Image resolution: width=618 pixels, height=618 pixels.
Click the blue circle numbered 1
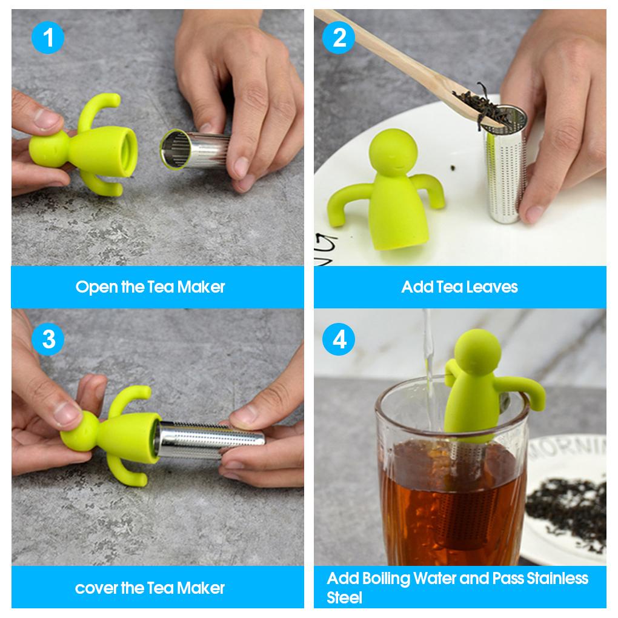[x=48, y=38]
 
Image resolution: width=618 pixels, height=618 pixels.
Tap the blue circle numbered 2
[x=339, y=38]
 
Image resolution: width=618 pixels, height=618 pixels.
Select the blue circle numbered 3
[x=48, y=339]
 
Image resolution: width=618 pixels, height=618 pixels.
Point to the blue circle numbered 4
[x=339, y=339]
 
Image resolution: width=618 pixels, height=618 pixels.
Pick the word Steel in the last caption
[x=344, y=598]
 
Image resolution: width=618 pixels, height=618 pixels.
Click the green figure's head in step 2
[x=393, y=153]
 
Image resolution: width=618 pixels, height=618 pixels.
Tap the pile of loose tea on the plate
[x=568, y=508]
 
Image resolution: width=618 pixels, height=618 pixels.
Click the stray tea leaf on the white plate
[x=454, y=168]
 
